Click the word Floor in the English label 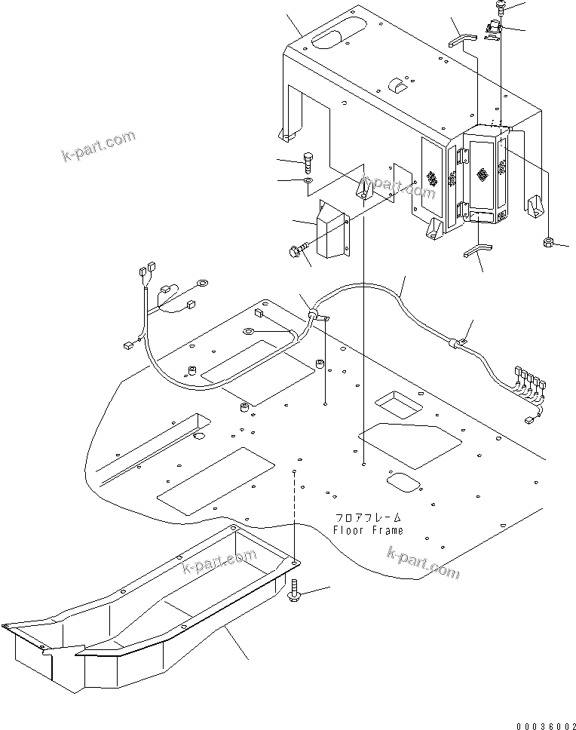click(x=349, y=530)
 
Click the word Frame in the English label click(x=386, y=530)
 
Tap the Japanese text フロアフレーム click(x=369, y=518)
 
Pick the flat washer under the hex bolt click(x=308, y=182)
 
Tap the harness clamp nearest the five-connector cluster click(x=457, y=343)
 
